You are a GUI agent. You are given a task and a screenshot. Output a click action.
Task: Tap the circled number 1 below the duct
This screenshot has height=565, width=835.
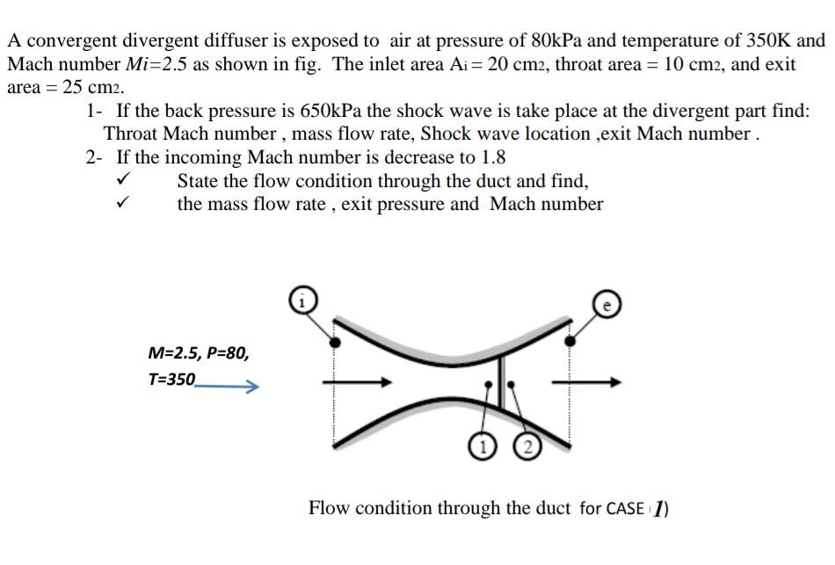pyautogui.click(x=479, y=445)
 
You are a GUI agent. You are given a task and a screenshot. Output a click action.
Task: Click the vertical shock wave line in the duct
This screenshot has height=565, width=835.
pyautogui.click(x=502, y=382)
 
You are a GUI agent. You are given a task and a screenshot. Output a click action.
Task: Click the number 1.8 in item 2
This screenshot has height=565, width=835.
pyautogui.click(x=490, y=158)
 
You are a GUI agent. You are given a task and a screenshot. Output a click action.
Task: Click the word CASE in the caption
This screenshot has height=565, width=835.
pyautogui.click(x=626, y=509)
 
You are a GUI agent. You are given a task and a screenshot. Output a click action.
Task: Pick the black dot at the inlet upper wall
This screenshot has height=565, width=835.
pyautogui.click(x=333, y=340)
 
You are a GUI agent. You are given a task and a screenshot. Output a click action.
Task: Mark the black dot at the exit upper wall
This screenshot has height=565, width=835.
pyautogui.click(x=570, y=339)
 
